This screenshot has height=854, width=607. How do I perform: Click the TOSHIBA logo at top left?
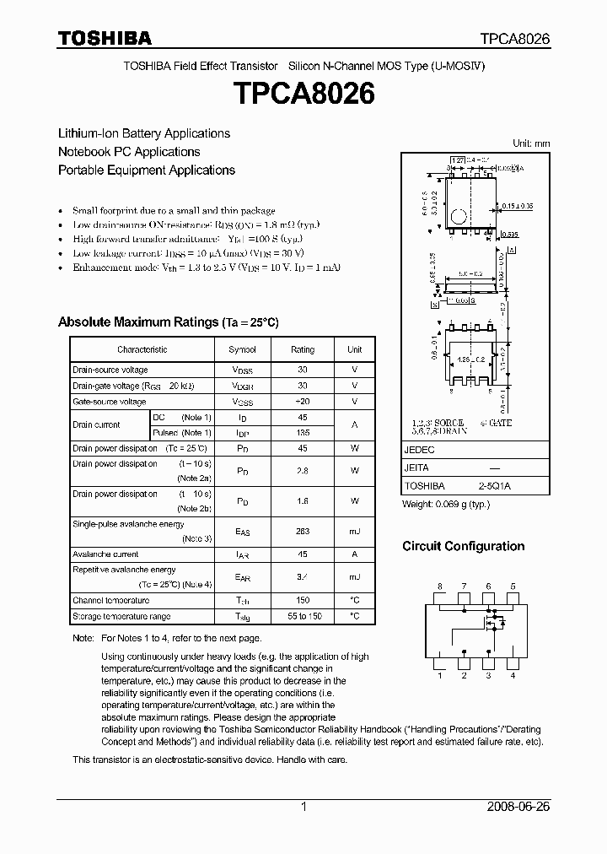click(105, 38)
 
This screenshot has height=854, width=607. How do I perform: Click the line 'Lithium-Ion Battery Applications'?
click(143, 133)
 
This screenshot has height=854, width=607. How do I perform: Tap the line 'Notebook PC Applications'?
click(129, 152)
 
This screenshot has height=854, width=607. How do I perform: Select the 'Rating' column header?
click(303, 349)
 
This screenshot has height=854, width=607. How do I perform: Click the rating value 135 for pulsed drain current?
click(303, 433)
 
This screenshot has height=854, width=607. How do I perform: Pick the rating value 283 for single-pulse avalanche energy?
click(303, 531)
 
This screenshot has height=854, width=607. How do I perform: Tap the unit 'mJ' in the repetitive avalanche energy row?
click(354, 577)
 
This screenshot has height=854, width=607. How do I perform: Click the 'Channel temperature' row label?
click(110, 601)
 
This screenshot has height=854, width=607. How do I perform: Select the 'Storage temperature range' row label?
click(121, 617)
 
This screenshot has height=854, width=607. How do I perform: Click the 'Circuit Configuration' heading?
click(463, 546)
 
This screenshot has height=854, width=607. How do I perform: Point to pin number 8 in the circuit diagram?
click(439, 586)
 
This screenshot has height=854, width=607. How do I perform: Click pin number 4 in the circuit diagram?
click(513, 675)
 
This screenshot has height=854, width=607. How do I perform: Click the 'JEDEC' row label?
click(419, 451)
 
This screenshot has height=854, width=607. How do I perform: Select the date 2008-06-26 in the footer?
click(518, 807)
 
